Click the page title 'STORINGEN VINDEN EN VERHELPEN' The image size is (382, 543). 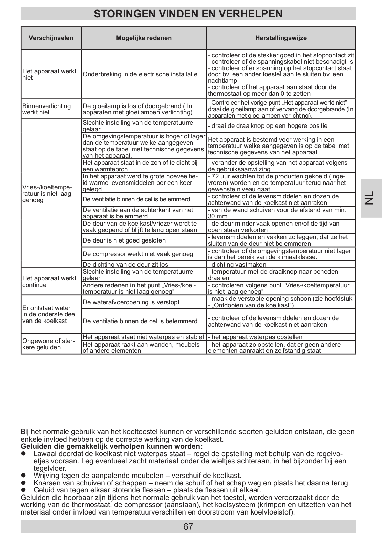[188, 14]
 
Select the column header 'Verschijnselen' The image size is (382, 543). [51, 38]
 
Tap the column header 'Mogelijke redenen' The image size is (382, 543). [144, 38]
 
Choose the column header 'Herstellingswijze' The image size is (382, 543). [281, 38]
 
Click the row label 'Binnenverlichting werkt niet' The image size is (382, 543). [47, 109]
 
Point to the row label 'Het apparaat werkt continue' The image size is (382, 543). [49, 282]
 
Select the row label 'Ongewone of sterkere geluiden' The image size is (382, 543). [48, 344]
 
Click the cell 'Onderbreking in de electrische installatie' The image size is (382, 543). [140, 74]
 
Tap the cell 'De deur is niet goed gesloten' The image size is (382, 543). [124, 240]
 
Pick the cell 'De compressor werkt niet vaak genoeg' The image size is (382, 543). [138, 254]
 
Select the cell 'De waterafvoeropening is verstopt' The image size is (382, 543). [131, 302]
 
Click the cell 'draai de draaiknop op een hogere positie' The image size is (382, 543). [269, 126]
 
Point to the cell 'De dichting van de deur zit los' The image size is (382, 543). [125, 265]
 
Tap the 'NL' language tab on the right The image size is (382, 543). [371, 198]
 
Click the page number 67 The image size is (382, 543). [188, 527]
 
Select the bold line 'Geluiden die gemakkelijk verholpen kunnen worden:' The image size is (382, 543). [112, 446]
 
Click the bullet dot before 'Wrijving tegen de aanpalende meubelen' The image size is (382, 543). [24, 476]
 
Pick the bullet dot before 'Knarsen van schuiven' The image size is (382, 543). [24, 483]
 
